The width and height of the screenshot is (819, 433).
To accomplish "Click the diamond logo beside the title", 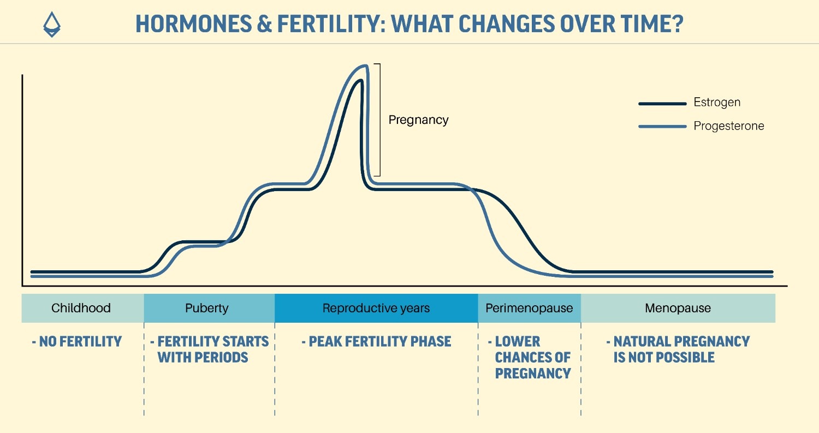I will pos(52,25).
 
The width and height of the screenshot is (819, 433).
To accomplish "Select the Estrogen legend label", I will pos(717,103).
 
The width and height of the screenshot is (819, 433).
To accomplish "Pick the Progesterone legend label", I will pos(728,126).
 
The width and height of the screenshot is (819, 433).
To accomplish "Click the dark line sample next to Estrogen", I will pos(662,103).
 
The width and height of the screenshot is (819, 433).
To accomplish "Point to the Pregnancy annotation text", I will pos(418,120).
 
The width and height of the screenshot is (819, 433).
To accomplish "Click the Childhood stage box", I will pos(81,308).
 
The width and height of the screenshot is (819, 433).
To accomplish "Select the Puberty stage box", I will pos(207,308).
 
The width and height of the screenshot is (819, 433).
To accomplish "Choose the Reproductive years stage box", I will pos(376,308).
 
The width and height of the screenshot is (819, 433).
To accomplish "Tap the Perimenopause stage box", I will pos(529,308).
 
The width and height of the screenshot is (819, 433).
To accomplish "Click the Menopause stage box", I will pos(678,308).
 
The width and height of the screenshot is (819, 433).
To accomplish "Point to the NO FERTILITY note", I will pos(76,342).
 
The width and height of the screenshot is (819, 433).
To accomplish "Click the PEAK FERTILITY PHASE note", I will pos(376,342).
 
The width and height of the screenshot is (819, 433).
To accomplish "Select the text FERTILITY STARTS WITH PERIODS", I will pos(210,349).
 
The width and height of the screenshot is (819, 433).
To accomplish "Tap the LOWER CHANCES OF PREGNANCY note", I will pos(530,358).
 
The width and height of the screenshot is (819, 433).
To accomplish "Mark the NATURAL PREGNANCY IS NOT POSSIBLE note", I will pos(678,349).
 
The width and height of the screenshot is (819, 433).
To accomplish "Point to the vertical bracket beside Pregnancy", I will pos(379,120).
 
